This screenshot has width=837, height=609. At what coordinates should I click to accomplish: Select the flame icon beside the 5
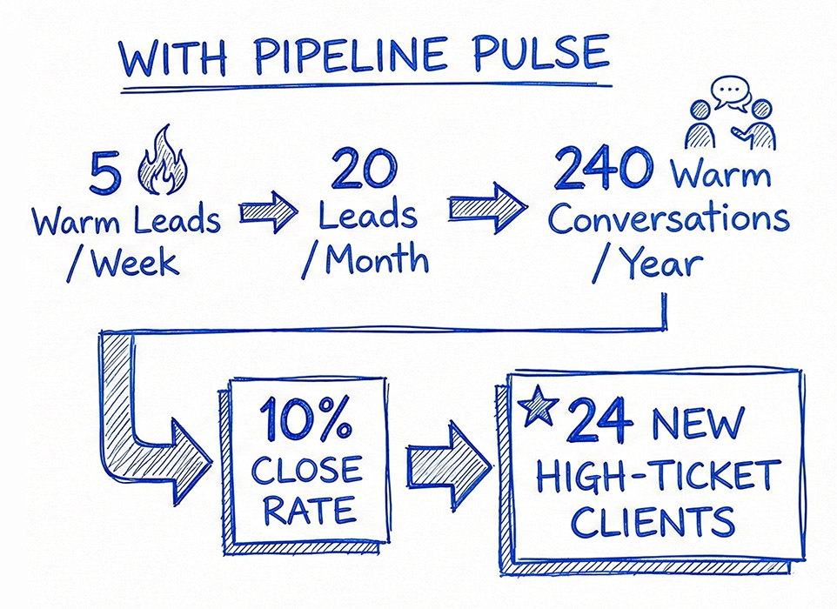pos(161,161)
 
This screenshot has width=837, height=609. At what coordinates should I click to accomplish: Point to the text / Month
pos(365,260)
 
